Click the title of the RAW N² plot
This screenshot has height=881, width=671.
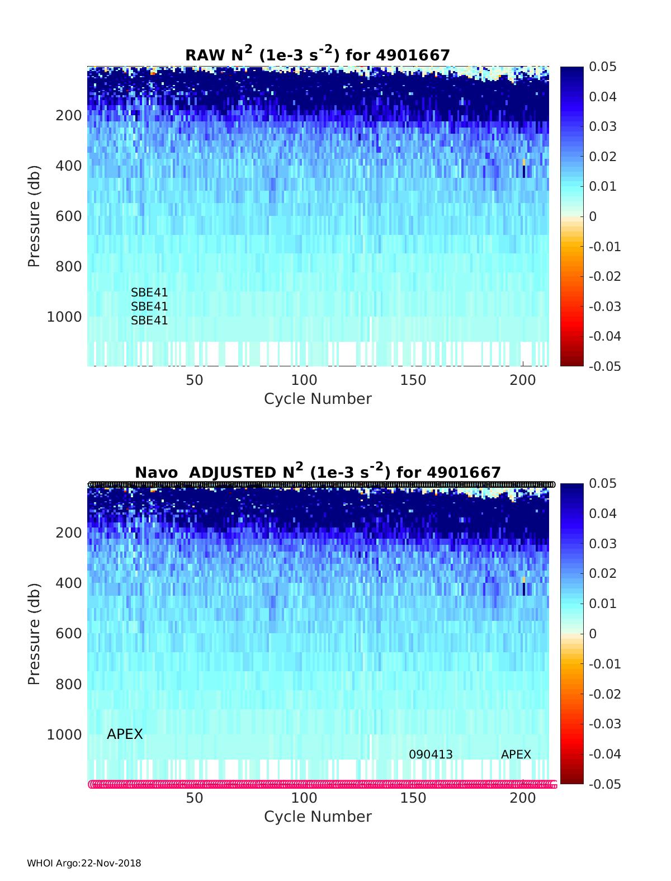[318, 54]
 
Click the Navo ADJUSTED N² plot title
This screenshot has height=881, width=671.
[318, 472]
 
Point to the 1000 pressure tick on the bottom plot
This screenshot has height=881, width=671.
[64, 734]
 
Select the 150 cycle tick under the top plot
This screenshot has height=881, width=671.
[413, 380]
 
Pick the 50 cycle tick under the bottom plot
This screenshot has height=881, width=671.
[195, 798]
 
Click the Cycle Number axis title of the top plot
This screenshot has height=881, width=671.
[318, 399]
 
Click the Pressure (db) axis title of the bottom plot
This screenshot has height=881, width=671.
[35, 633]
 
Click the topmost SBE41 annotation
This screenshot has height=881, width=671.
[149, 293]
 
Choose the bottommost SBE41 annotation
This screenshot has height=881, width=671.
[149, 321]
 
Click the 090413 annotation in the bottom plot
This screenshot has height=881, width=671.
[431, 755]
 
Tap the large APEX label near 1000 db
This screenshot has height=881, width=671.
[125, 734]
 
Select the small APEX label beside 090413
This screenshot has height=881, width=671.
[516, 755]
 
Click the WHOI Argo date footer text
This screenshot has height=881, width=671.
[84, 864]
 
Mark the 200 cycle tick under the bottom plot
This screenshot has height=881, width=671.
[523, 798]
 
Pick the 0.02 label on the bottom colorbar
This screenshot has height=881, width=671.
[603, 573]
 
